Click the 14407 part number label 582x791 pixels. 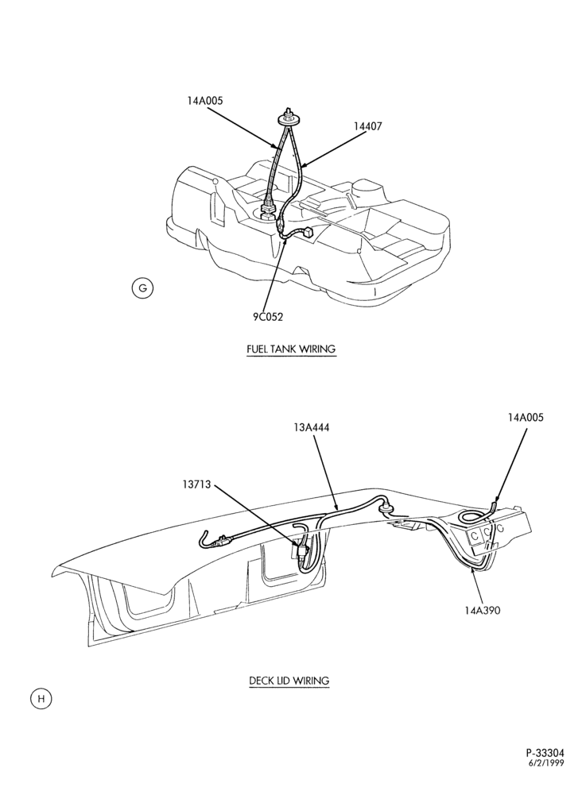click(367, 126)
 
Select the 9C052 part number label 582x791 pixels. click(268, 317)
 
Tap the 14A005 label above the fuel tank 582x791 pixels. click(204, 100)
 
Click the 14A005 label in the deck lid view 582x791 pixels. click(526, 417)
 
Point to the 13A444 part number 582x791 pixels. click(311, 427)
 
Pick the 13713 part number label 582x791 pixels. click(197, 484)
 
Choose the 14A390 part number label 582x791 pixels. click(482, 611)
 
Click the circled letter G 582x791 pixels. click(142, 288)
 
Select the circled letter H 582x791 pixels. click(41, 699)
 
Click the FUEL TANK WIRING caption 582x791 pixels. click(291, 349)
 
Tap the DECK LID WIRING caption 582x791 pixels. click(289, 681)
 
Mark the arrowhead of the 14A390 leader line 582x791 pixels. click(472, 569)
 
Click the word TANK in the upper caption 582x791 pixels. click(285, 349)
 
